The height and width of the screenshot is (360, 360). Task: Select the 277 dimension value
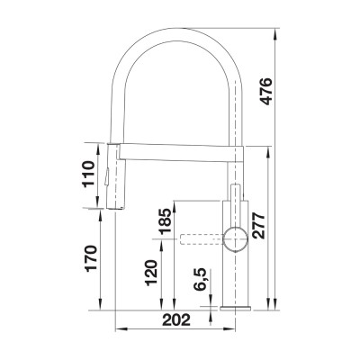point(259,220)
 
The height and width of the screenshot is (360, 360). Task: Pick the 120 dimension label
point(150,273)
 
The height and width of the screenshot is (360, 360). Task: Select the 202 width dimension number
point(178,318)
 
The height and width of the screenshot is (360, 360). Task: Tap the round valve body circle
point(236,239)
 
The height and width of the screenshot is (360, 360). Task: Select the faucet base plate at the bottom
point(236,307)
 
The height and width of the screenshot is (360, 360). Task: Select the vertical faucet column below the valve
point(236,279)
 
